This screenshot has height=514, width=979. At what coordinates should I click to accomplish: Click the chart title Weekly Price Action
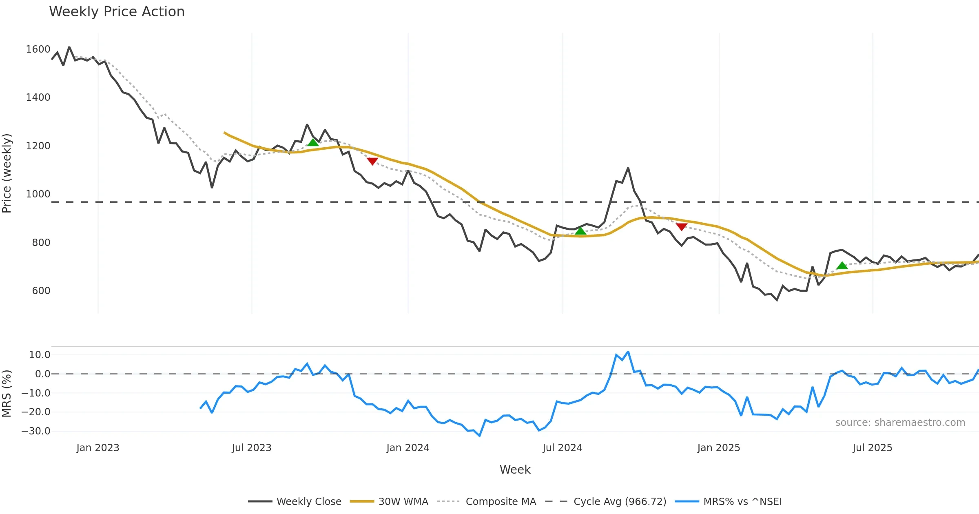pyautogui.click(x=117, y=12)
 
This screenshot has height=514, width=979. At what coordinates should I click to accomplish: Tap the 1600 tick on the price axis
pyautogui.click(x=38, y=49)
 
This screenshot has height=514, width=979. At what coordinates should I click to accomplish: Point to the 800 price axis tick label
pyautogui.click(x=41, y=243)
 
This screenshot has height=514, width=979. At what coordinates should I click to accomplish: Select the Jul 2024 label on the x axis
pyautogui.click(x=562, y=448)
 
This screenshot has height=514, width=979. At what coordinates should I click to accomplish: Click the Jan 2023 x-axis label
pyautogui.click(x=97, y=448)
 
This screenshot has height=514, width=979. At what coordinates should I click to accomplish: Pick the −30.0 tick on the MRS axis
pyautogui.click(x=36, y=431)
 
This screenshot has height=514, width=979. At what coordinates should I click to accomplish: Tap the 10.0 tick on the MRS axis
pyautogui.click(x=39, y=355)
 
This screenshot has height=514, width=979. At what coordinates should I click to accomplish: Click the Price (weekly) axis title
pyautogui.click(x=7, y=173)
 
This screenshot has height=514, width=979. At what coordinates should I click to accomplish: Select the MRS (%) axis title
pyautogui.click(x=7, y=393)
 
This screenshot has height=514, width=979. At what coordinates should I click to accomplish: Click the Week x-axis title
pyautogui.click(x=515, y=470)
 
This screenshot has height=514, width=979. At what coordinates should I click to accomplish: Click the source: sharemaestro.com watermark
pyautogui.click(x=900, y=423)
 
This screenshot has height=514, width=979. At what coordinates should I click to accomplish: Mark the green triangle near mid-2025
pyautogui.click(x=842, y=266)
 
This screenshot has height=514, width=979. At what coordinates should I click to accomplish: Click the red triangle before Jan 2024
pyautogui.click(x=372, y=161)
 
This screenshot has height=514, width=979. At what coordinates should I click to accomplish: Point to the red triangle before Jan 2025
pyautogui.click(x=681, y=226)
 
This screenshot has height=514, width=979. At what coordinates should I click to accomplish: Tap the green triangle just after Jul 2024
pyautogui.click(x=580, y=231)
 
